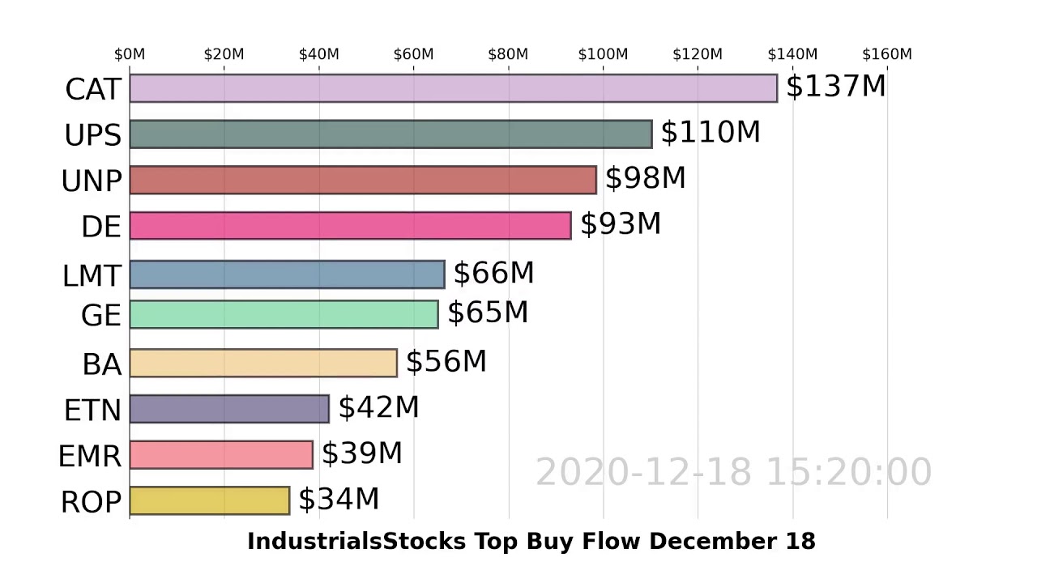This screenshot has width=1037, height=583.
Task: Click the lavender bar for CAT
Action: pyautogui.click(x=453, y=88)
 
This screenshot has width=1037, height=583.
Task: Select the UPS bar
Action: pyautogui.click(x=390, y=134)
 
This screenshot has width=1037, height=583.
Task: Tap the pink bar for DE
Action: pyautogui.click(x=350, y=226)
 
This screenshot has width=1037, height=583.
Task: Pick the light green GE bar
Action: pyautogui.click(x=284, y=314)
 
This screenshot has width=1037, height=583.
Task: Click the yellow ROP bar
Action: pyautogui.click(x=209, y=500)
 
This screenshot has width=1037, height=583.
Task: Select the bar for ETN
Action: pyautogui.click(x=229, y=409)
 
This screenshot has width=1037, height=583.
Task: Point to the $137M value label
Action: pyautogui.click(x=835, y=86)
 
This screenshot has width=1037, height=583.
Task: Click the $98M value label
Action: pyautogui.click(x=645, y=178)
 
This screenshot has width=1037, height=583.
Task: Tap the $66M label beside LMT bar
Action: pyautogui.click(x=493, y=274)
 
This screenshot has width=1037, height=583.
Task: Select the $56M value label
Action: pyautogui.click(x=446, y=362)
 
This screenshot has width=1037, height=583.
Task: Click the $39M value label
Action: pyautogui.click(x=361, y=453)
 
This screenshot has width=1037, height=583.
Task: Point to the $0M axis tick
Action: pyautogui.click(x=130, y=54)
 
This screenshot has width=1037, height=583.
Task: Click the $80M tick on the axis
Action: pyautogui.click(x=508, y=54)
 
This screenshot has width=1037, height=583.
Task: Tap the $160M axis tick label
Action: pyautogui.click(x=886, y=54)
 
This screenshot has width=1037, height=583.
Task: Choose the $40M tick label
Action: pyautogui.click(x=318, y=54)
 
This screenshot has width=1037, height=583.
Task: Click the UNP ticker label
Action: pyautogui.click(x=92, y=181)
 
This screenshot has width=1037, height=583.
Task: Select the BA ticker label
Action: pyautogui.click(x=101, y=365)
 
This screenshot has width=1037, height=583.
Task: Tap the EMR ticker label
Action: pyautogui.click(x=90, y=457)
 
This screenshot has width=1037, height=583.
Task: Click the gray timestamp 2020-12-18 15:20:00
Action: pyautogui.click(x=733, y=472)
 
